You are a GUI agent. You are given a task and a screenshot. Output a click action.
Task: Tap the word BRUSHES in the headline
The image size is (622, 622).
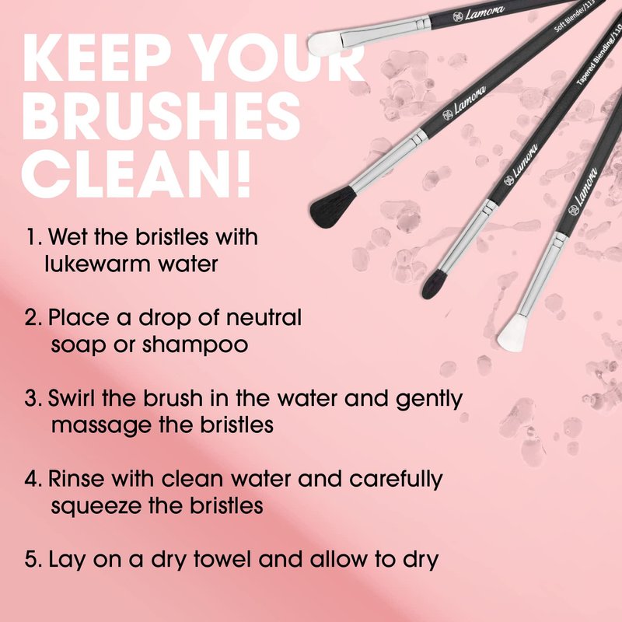pos(162,116)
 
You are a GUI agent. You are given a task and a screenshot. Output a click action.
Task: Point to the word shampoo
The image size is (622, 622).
pos(195,345)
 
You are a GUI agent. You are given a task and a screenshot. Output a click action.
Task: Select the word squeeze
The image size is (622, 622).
pos(96,507)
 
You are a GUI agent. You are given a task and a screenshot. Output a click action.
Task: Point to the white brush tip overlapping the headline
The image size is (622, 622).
pos(325,44)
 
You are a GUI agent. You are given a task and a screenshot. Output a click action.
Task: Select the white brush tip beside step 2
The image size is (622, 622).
pos(513,333)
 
